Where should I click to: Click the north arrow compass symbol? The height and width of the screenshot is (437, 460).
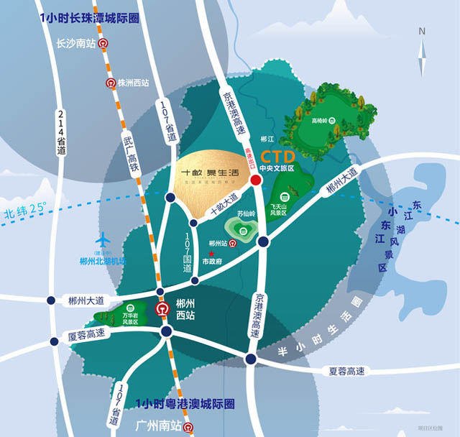point(423,44)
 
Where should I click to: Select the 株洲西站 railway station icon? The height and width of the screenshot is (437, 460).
point(111,83)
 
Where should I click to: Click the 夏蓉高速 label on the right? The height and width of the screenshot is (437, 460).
point(347,371)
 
